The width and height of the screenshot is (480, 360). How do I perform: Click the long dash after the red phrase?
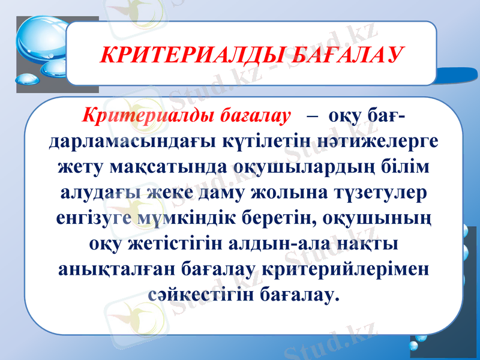[x=313, y=115]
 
